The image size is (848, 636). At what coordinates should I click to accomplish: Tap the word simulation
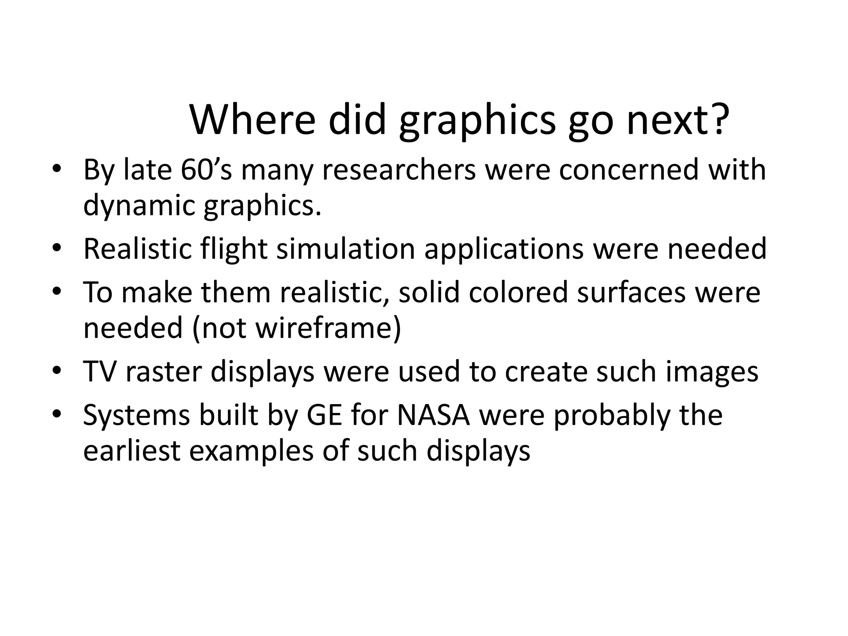click(x=346, y=249)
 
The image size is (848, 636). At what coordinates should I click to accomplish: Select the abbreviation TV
click(x=100, y=371)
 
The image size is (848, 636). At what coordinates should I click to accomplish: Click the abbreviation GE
click(x=324, y=415)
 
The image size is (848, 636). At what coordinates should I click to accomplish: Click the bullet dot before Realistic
click(x=57, y=248)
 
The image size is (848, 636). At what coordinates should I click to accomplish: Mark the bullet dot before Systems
click(x=57, y=414)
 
